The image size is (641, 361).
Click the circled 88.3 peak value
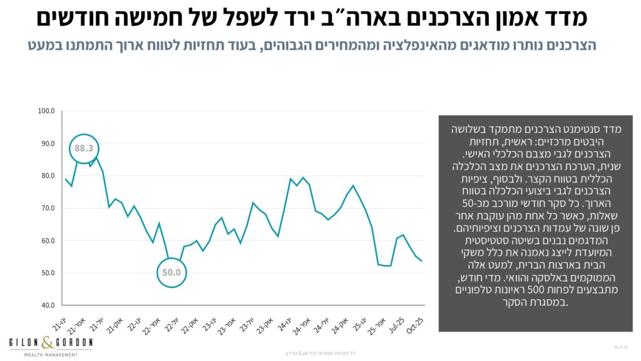[84, 149]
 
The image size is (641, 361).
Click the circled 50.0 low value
[172, 273]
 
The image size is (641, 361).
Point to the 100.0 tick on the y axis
[46, 111]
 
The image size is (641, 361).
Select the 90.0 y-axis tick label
[48, 144]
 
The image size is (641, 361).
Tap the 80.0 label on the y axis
[48, 175]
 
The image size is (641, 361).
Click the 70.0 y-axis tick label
[48, 208]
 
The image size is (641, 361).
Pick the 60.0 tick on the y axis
[48, 241]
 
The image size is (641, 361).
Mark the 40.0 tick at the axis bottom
[48, 305]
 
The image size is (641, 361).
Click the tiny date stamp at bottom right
[620, 347]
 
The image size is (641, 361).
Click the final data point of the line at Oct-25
[421, 261]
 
